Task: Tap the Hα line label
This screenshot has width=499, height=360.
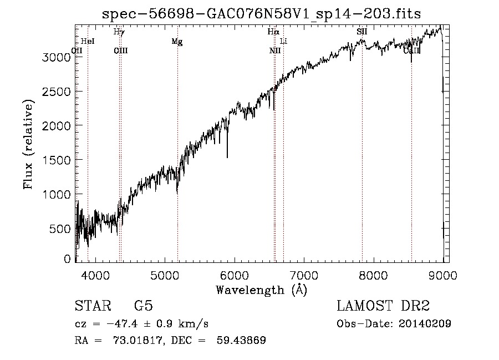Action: pyautogui.click(x=273, y=32)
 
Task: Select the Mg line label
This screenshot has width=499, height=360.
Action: pyautogui.click(x=177, y=42)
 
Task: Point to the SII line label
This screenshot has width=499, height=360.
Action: pyautogui.click(x=361, y=32)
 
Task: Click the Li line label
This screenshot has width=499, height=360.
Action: pyautogui.click(x=283, y=42)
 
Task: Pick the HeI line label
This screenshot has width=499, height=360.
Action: pyautogui.click(x=88, y=42)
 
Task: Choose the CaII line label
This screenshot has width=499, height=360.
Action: pyautogui.click(x=412, y=50)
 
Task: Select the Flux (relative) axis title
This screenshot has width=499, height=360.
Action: pyautogui.click(x=29, y=144)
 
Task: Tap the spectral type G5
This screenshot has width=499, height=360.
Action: pyautogui.click(x=143, y=306)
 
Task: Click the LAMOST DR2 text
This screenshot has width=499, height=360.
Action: pyautogui.click(x=383, y=306)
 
